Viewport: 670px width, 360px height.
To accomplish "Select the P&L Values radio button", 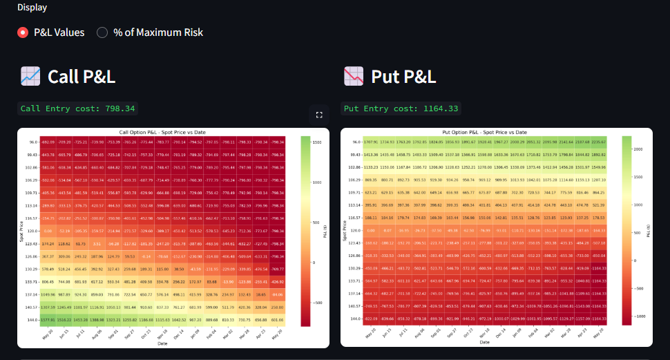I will (x=23, y=32).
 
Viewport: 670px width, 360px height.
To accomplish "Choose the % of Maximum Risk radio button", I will (x=102, y=32).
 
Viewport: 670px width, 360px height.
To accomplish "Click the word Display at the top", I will (x=32, y=8).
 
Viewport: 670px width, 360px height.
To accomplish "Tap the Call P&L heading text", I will (x=81, y=76).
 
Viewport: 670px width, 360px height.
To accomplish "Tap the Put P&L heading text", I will (x=403, y=76).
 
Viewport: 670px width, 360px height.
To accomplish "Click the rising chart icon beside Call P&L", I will (x=30, y=76).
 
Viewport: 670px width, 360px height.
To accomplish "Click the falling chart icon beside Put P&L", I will (x=354, y=76).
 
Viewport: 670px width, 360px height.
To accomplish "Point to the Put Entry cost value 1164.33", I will (x=438, y=108).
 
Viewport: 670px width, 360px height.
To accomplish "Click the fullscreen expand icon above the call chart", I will (x=319, y=115).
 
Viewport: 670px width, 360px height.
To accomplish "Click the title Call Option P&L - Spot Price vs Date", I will (x=162, y=132).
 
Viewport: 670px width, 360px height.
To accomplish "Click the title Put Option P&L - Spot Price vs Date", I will (x=484, y=132).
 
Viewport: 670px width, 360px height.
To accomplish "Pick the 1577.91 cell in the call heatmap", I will (x=48, y=321).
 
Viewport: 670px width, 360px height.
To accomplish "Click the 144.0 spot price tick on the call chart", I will (x=32, y=321).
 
